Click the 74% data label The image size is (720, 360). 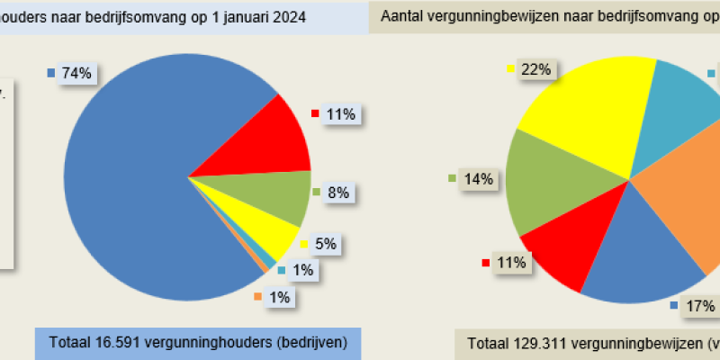point(76,74)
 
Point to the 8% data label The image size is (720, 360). point(338,193)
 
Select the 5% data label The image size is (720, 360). point(326,244)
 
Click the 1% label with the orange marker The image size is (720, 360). point(279,298)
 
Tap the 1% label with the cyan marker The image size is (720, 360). point(302,270)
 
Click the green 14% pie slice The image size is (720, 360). point(544,184)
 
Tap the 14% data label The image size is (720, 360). point(478,179)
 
